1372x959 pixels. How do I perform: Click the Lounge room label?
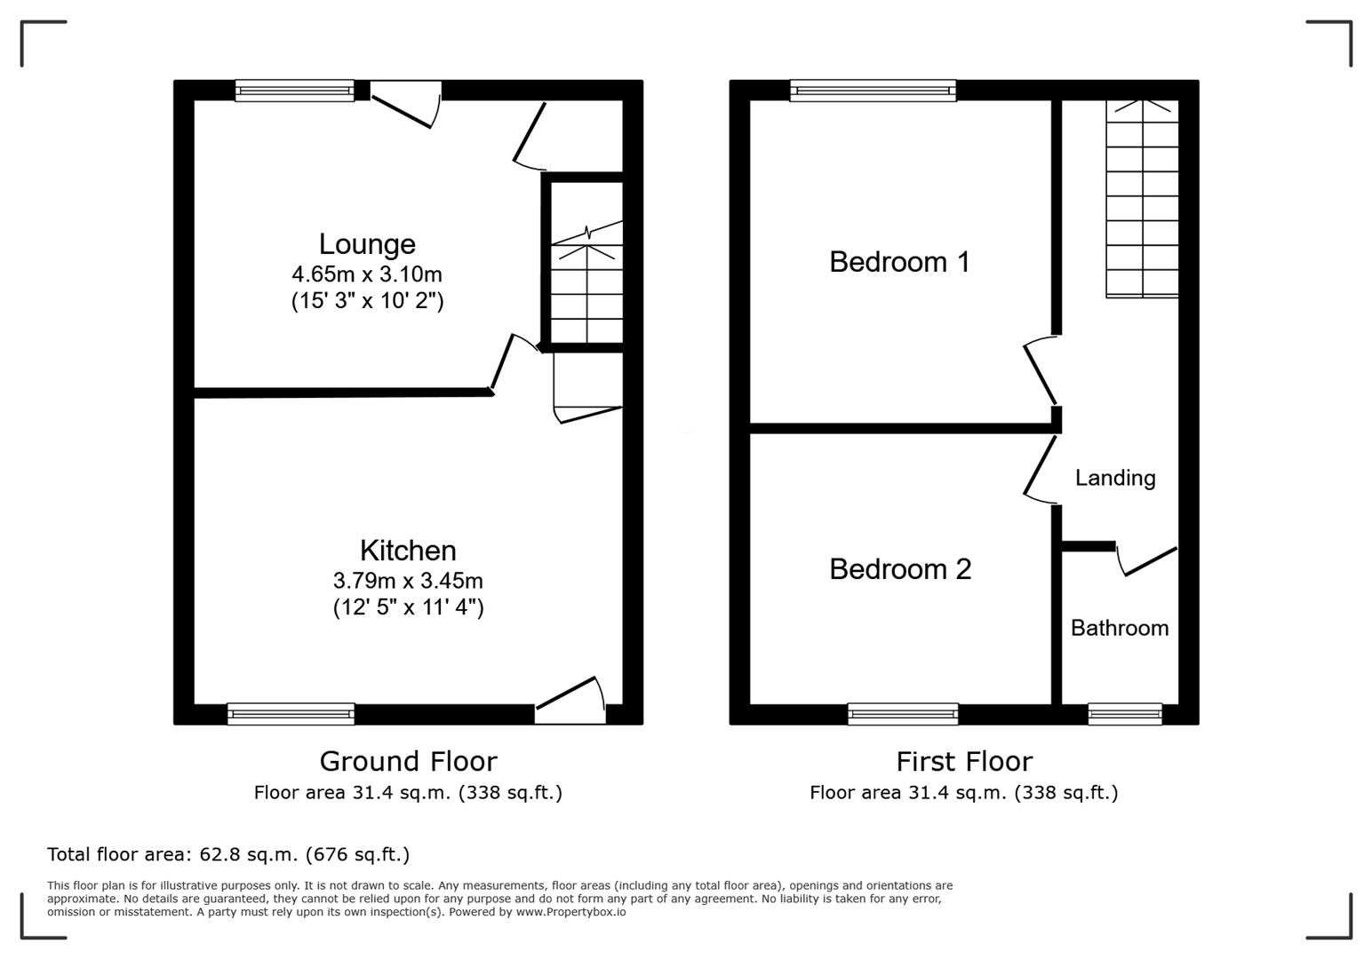click(367, 244)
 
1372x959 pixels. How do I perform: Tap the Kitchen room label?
click(408, 551)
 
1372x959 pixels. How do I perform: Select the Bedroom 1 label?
click(899, 262)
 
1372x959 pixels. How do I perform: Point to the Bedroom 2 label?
click(900, 569)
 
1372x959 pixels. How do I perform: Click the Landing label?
click(1115, 478)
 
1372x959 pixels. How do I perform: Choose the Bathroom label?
click(1119, 628)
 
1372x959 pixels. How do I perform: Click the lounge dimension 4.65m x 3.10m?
click(367, 274)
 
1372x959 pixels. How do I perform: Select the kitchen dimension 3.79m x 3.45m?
click(408, 581)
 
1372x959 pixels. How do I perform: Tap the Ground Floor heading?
click(408, 761)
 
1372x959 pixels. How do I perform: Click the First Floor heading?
click(964, 761)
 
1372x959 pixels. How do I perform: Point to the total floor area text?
click(228, 854)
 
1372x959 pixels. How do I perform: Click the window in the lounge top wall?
click(294, 91)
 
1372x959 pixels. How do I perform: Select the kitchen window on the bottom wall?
click(291, 714)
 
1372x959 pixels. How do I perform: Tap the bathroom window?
click(1125, 714)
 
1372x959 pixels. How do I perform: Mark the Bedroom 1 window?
click(873, 91)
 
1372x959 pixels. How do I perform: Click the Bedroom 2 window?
click(903, 714)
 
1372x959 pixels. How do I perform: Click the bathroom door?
click(1148, 561)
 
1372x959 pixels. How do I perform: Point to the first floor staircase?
click(1142, 200)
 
